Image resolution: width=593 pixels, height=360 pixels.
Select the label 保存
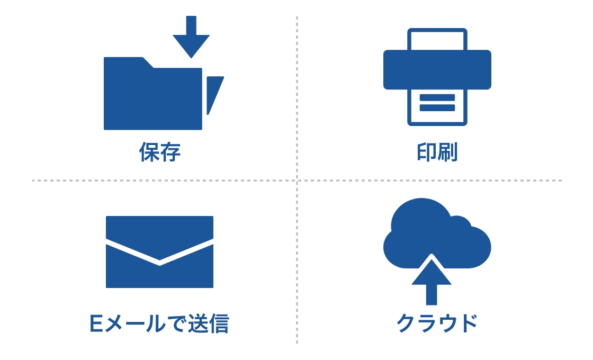(160, 152)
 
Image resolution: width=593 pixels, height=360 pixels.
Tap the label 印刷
(437, 152)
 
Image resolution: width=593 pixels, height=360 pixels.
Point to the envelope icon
(159, 252)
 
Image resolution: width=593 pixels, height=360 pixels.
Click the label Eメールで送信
(159, 323)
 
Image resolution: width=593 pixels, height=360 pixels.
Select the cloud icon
(437, 233)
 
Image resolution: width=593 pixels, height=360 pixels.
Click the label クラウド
(437, 323)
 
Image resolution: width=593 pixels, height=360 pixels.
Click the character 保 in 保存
(149, 152)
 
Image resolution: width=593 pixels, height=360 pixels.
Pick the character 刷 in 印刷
(448, 152)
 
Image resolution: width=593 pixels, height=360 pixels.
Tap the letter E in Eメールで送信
(96, 323)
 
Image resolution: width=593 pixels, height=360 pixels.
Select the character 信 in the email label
(218, 323)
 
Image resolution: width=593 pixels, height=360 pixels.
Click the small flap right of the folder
(213, 92)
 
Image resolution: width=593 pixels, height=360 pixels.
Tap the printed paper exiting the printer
(437, 106)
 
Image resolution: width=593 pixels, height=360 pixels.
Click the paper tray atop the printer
(437, 40)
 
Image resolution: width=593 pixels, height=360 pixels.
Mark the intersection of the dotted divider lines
(297, 181)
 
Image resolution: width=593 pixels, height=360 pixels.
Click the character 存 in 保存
(170, 152)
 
